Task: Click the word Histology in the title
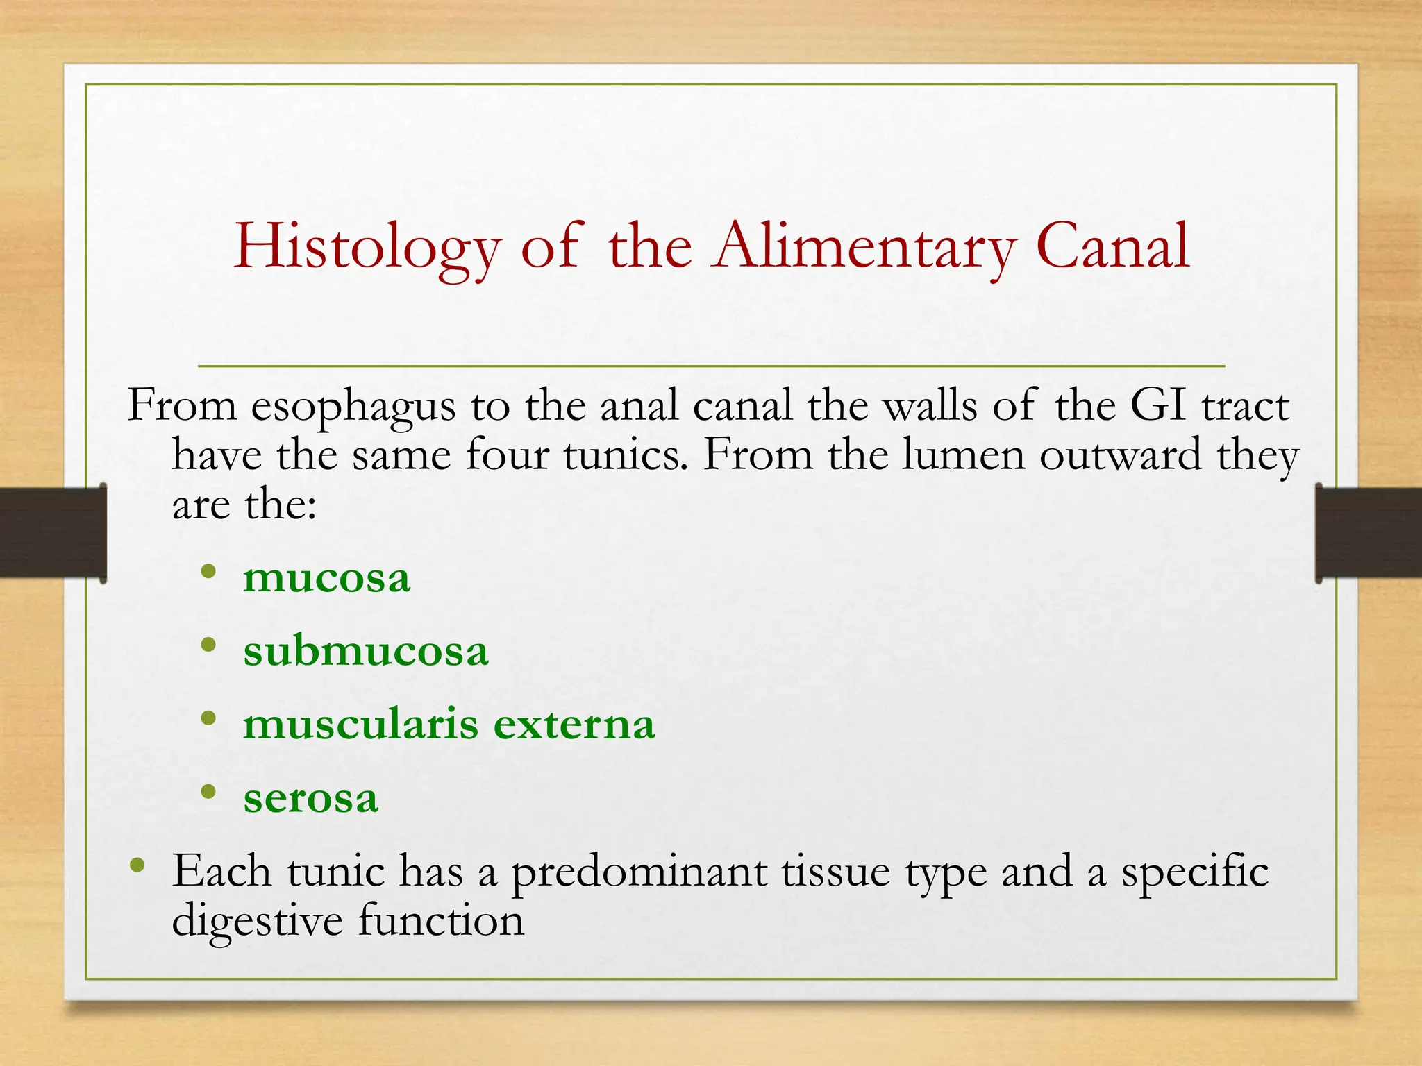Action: (367, 248)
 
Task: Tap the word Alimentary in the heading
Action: (865, 248)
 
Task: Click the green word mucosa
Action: (326, 578)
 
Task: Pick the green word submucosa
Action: (366, 651)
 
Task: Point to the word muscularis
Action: (360, 725)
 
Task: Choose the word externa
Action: (574, 725)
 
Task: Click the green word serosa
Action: (310, 798)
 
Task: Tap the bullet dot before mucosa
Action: (208, 572)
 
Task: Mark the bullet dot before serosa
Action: (208, 791)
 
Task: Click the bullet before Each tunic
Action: (137, 865)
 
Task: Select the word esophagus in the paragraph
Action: (353, 406)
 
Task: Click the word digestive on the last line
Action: (257, 922)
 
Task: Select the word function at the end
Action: (441, 920)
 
